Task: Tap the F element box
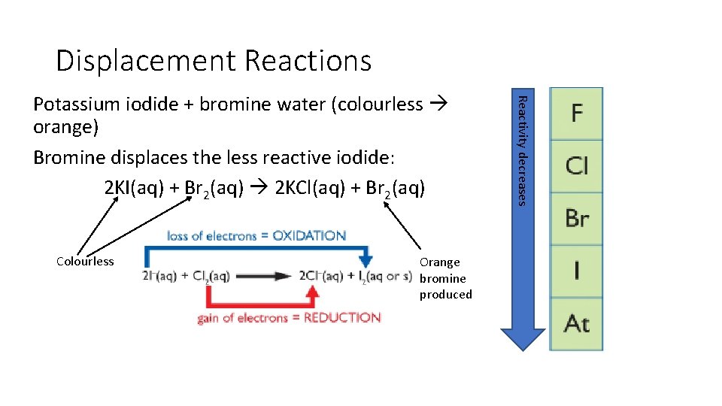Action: [576, 114]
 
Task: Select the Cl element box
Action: [576, 165]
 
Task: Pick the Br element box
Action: [576, 218]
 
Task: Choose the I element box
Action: [576, 271]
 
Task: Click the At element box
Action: [576, 323]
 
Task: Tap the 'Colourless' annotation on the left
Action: [85, 262]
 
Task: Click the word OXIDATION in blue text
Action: [309, 235]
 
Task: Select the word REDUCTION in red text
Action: [342, 318]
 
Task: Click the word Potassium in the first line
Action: [72, 105]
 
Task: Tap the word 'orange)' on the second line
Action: [66, 127]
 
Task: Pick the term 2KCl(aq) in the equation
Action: [309, 188]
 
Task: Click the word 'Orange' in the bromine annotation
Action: [439, 262]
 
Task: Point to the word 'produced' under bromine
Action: [446, 295]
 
